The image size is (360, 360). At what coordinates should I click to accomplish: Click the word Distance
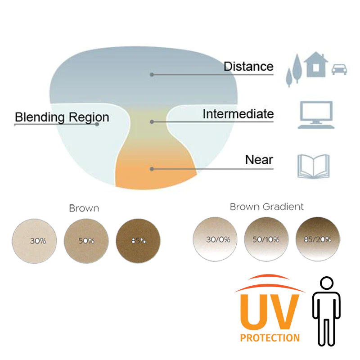248,66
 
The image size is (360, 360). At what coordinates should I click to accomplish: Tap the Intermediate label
238,114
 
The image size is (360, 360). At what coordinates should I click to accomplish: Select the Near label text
259,160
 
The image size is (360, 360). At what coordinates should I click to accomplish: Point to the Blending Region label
62,117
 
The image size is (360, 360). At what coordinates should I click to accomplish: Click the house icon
316,64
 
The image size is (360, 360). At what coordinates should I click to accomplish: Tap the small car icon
339,69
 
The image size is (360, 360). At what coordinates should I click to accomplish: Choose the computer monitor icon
316,115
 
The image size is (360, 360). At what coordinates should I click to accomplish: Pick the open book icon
313,166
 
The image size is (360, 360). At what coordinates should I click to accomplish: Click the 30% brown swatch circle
34,241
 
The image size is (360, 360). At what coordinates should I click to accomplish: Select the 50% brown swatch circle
86,241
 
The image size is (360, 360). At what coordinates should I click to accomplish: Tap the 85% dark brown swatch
138,241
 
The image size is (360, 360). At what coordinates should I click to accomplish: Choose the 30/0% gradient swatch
215,239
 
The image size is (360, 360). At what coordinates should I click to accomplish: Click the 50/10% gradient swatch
266,239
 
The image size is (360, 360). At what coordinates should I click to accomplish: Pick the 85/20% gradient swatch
318,239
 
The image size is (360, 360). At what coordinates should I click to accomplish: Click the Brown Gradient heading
266,207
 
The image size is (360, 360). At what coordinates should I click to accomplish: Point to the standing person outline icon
326,311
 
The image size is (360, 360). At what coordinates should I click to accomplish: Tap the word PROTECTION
270,338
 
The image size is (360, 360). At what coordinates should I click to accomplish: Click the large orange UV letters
270,312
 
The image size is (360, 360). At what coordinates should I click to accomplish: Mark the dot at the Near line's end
152,169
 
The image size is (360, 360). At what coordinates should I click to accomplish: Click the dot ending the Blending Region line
97,124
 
